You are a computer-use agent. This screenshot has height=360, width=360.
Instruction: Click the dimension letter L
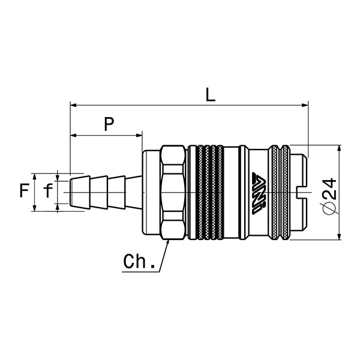tap(209, 94)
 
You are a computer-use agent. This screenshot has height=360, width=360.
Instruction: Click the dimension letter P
tap(109, 124)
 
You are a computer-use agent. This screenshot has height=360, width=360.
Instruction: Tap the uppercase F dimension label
tap(23, 191)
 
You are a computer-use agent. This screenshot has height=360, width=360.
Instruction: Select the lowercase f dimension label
tap(47, 191)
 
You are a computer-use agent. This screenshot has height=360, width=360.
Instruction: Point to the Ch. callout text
tap(140, 262)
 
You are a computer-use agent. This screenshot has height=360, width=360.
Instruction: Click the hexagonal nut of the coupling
tap(174, 192)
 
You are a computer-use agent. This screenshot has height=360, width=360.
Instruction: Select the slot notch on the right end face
tap(302, 191)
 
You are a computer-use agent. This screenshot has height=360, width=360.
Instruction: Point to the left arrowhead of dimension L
tap(73, 105)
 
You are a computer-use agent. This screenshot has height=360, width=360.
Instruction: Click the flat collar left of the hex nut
tap(151, 192)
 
